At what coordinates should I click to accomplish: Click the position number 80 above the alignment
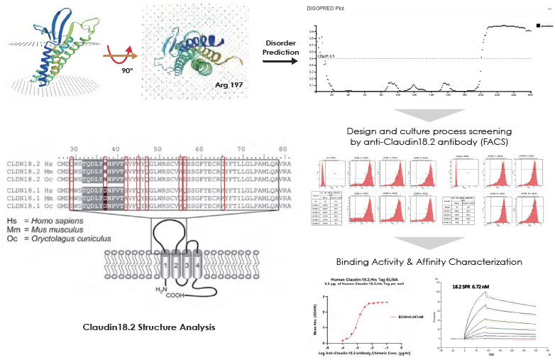click(282, 148)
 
